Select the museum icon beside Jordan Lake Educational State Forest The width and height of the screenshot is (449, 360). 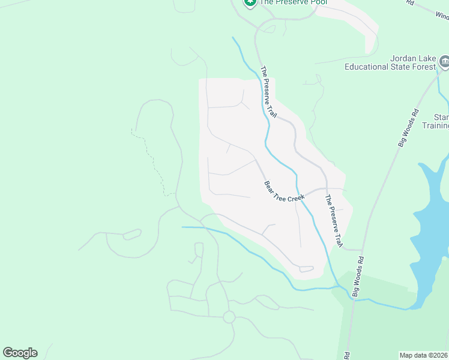(x=445, y=61)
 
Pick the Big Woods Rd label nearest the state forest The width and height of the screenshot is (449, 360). (x=408, y=128)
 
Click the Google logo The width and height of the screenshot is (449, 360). (x=20, y=353)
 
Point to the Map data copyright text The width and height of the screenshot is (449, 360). (x=424, y=355)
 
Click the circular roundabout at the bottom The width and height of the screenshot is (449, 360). (x=229, y=317)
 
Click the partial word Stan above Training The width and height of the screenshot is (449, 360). (x=441, y=116)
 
